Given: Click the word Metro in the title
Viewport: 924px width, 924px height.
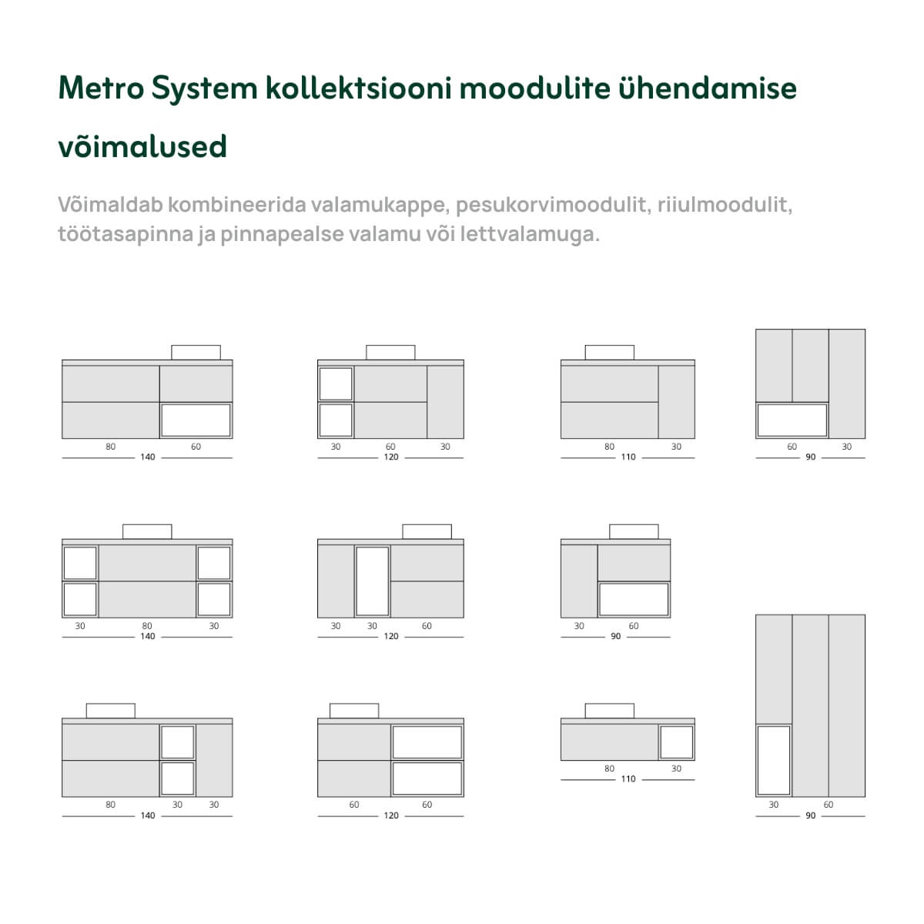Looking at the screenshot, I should coord(101,89).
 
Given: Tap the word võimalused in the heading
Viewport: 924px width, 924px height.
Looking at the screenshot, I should coord(142,146).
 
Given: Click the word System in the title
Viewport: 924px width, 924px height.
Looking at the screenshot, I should coord(204,89).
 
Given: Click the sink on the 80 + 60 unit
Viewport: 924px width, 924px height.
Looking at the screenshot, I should coord(196,352).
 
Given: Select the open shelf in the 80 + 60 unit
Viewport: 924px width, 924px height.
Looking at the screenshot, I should coord(196,420).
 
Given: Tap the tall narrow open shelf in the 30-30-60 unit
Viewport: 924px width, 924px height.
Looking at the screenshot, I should coord(373,581).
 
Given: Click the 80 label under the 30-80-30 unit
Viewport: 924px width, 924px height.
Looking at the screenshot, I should coord(147,626).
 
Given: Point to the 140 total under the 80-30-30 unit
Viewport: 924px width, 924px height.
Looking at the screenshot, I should coord(147,815).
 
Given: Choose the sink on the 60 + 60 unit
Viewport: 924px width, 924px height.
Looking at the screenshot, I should coord(353,711).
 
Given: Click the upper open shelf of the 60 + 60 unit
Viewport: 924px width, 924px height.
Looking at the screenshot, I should coord(427,742).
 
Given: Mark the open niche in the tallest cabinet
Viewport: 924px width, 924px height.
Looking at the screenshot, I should coord(774,760).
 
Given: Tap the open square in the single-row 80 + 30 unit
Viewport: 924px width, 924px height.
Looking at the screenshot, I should coord(677,742).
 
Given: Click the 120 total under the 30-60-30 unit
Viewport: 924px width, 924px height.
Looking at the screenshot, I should coord(391,457).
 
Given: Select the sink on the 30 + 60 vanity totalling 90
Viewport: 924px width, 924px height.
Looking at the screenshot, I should coord(634,531).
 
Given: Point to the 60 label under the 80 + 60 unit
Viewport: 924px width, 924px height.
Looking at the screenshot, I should coord(196,447).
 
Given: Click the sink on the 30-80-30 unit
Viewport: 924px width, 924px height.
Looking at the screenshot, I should coord(147,531).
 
